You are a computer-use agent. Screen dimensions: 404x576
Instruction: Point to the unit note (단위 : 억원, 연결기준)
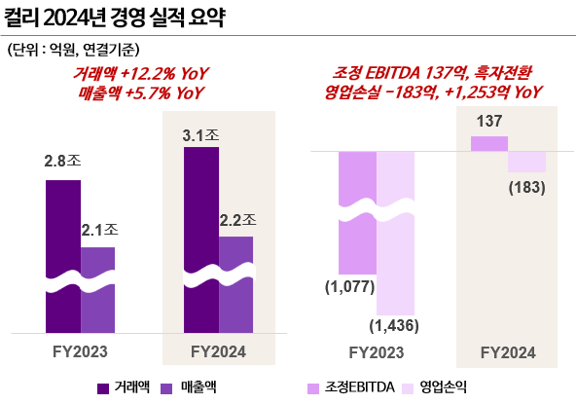[x=74, y=49]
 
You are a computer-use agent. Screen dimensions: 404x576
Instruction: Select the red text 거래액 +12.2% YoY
[x=142, y=74]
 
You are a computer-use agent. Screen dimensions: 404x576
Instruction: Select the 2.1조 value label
[x=98, y=230]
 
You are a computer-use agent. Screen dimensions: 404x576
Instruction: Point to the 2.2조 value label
[x=236, y=219]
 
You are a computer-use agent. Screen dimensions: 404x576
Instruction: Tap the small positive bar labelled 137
[x=489, y=143]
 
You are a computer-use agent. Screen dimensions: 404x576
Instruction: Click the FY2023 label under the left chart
[x=80, y=350]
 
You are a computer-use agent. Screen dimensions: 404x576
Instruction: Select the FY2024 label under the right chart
[x=508, y=350]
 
